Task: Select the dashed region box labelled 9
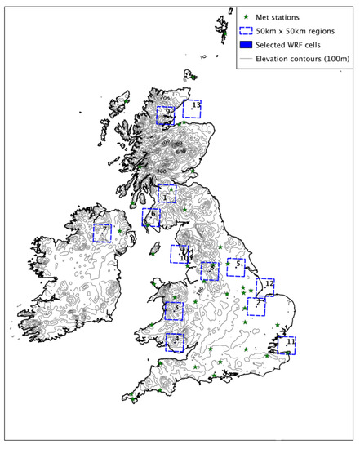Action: tap(167, 115)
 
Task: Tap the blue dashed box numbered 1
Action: tap(167, 194)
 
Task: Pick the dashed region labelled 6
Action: tap(152, 217)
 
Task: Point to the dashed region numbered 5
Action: tap(237, 266)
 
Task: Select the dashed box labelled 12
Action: tap(265, 286)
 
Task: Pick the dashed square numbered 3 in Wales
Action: tap(174, 311)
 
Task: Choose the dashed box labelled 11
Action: tap(287, 345)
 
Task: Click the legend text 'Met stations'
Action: tap(283, 16)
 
